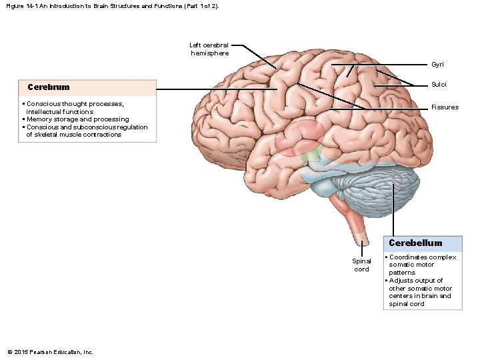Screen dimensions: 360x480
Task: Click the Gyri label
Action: (437, 65)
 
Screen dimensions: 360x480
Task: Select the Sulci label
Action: (439, 85)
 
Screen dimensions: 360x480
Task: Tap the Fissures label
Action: (445, 107)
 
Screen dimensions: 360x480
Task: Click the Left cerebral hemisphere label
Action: (209, 49)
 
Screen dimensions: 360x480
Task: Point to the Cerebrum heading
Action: (48, 87)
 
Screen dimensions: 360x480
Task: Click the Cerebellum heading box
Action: (415, 243)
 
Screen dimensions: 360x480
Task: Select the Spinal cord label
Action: (361, 265)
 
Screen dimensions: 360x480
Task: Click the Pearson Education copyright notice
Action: (50, 352)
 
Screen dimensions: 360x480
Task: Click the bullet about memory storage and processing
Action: (75, 119)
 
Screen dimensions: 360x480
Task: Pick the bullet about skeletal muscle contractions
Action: (85, 131)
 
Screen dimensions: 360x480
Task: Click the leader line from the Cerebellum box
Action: (393, 213)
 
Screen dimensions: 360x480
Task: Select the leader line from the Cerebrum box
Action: (220, 90)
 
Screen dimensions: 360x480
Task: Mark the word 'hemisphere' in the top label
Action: (209, 53)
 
